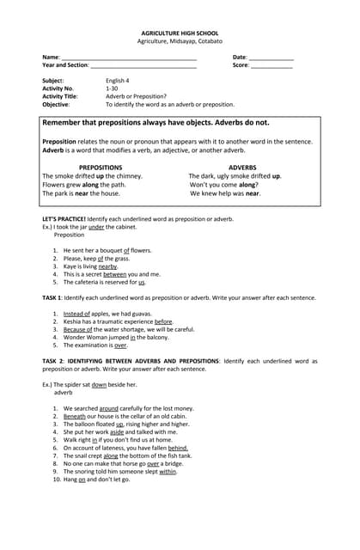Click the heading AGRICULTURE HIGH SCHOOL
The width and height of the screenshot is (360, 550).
coord(180,33)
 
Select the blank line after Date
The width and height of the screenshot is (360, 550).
coord(271,58)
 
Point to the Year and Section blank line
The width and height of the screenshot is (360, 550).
coord(143,65)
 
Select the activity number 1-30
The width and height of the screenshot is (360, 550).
coord(112,88)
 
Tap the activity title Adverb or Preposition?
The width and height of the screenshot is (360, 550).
coord(136,96)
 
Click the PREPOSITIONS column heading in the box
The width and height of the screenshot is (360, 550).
coord(101,168)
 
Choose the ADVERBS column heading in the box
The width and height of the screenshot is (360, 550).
coord(242,168)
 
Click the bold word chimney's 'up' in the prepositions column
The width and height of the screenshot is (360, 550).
coord(100,176)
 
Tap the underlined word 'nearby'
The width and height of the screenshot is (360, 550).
coord(107,266)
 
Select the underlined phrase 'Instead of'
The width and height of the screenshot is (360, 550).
coord(76,314)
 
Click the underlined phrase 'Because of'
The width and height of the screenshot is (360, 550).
coord(78,329)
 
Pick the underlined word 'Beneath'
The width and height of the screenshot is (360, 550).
coord(75,416)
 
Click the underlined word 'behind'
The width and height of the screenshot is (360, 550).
coord(178,448)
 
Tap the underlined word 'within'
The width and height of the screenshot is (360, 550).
coord(168,471)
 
